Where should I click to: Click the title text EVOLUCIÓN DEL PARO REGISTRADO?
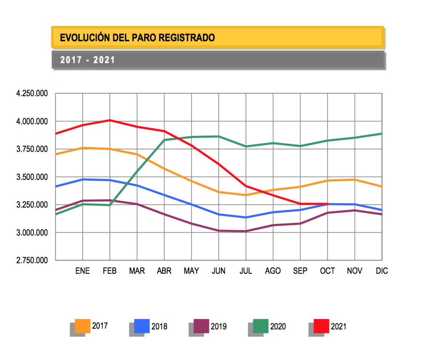[x=137, y=37]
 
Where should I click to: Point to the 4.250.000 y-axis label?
[x=32, y=93]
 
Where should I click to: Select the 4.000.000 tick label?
[x=32, y=121]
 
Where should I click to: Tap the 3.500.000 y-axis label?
[x=32, y=177]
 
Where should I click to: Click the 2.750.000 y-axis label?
[x=32, y=260]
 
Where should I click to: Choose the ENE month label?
[x=83, y=271]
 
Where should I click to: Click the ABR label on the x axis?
[x=164, y=271]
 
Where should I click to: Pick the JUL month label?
[x=246, y=271]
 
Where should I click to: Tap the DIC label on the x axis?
[x=382, y=271]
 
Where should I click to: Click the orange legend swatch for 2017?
[x=82, y=326]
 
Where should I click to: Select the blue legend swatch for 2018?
[x=142, y=326]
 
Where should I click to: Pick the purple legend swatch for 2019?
[x=201, y=326]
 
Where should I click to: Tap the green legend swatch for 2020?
[x=260, y=326]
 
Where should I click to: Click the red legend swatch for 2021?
[x=321, y=326]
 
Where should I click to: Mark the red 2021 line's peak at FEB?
[x=110, y=120]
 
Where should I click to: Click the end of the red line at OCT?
[x=327, y=204]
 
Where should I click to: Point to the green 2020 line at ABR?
[x=164, y=140]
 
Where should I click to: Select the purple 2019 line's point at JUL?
[x=246, y=231]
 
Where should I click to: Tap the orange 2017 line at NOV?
[x=355, y=180]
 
